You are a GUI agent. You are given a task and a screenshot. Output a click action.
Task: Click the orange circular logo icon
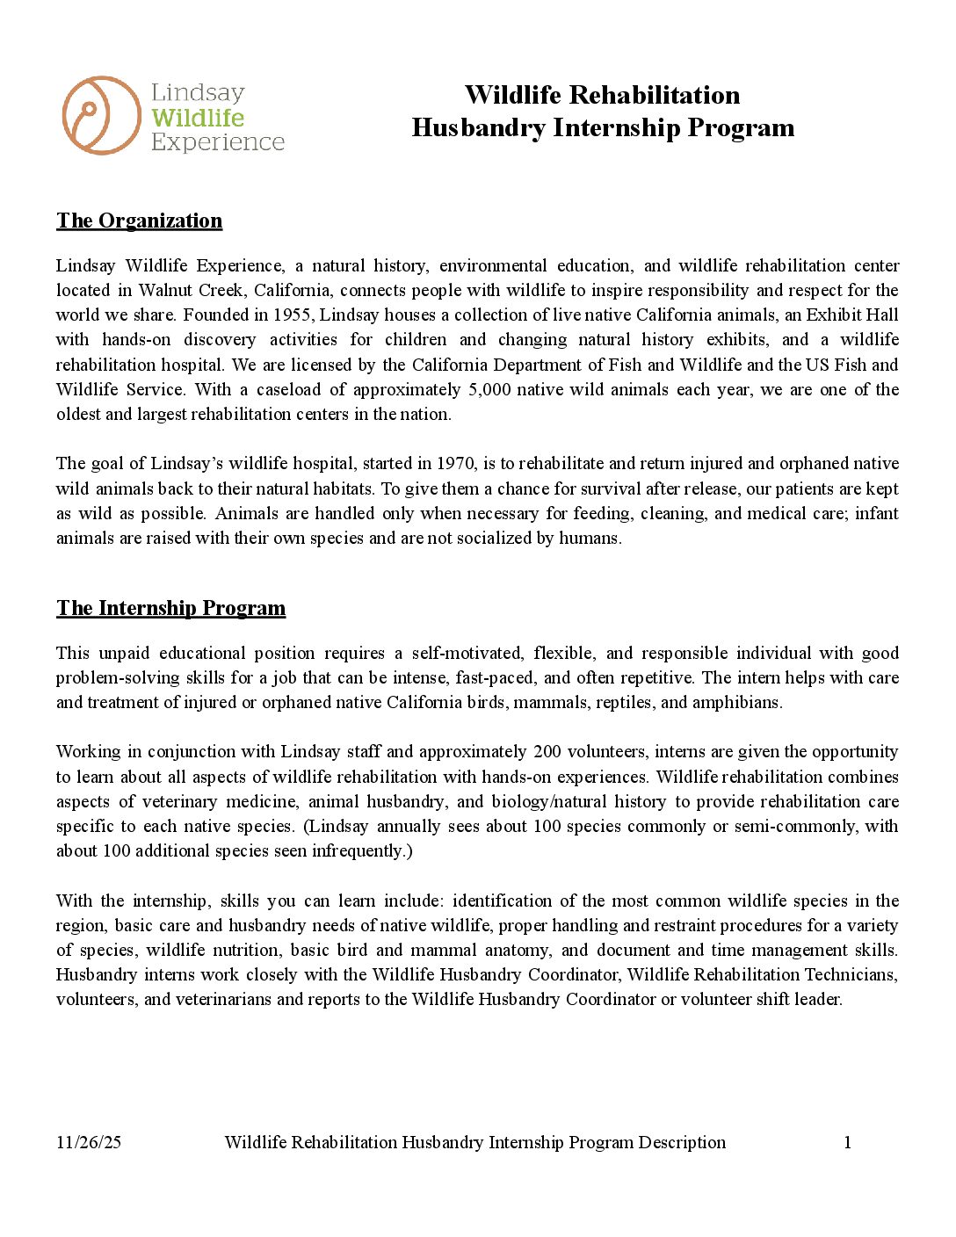click(x=101, y=115)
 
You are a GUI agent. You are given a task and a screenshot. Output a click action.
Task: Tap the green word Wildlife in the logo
click(x=198, y=118)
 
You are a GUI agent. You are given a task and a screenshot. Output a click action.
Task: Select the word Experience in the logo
click(x=218, y=142)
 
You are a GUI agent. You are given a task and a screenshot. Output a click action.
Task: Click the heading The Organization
click(x=139, y=221)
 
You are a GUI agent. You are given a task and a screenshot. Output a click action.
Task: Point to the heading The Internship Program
click(x=170, y=608)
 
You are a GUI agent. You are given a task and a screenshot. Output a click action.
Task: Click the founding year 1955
click(x=292, y=315)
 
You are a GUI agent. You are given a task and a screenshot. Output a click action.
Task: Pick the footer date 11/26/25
click(x=89, y=1142)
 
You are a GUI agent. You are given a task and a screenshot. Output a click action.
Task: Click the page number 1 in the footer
click(x=847, y=1142)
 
